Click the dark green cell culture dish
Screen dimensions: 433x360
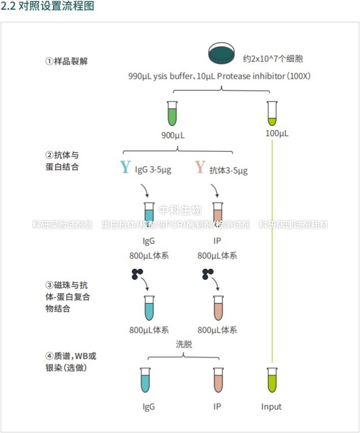point(222,53)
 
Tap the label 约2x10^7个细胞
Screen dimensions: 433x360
point(273,59)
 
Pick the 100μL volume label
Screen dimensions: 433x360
point(277,133)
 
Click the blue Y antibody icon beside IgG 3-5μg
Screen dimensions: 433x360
point(125,167)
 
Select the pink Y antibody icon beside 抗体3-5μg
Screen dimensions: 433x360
point(200,167)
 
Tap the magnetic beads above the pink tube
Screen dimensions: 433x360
point(207,274)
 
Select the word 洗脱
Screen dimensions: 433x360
point(184,344)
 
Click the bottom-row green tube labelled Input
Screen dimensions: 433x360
point(272,380)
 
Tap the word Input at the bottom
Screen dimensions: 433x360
point(272,407)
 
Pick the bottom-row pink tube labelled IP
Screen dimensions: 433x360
point(218,380)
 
